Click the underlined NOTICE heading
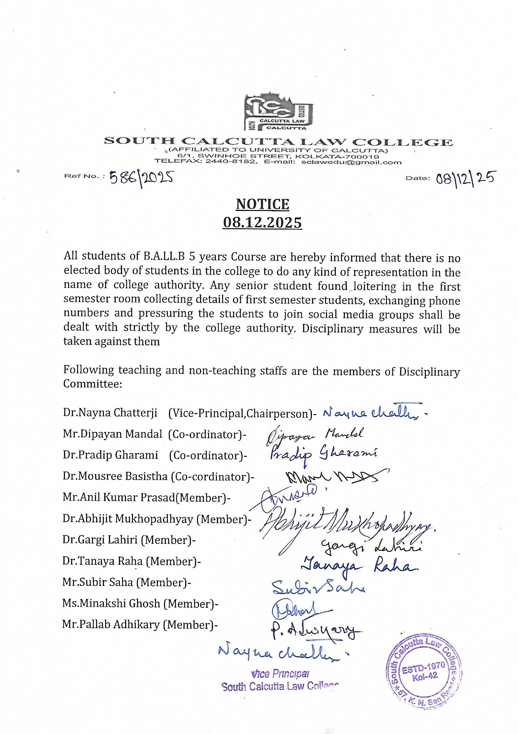[262, 204]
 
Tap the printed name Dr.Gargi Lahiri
[100, 540]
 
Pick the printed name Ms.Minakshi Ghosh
[111, 603]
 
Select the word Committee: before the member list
[93, 384]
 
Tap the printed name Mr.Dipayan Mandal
[113, 434]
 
